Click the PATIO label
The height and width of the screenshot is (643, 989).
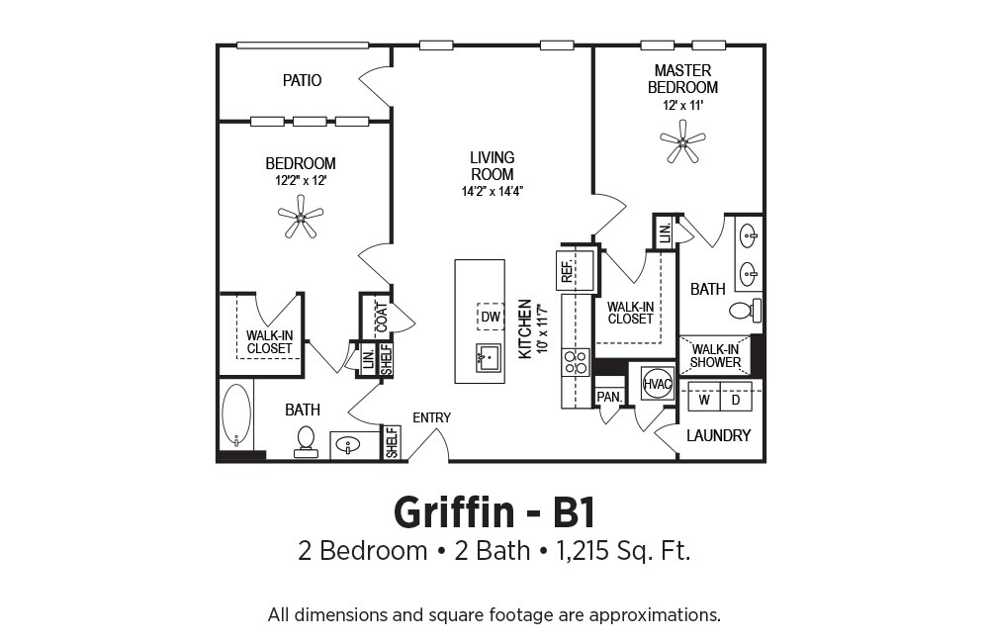point(302,80)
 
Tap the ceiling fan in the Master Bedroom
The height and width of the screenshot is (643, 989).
point(682,141)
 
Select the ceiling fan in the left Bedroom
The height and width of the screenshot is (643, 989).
point(301,217)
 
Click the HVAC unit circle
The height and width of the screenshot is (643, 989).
point(657,384)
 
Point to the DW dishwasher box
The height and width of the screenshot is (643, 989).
point(491,317)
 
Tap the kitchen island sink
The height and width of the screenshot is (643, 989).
point(488,359)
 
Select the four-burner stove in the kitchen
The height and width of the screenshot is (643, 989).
point(576,363)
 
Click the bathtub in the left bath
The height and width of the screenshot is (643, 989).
point(236,415)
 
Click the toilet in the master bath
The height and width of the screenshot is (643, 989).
point(746,311)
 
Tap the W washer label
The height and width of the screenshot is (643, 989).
point(704,400)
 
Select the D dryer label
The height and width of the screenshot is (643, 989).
point(736,400)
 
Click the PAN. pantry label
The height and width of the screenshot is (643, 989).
point(609,397)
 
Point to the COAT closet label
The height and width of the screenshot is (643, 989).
point(382,318)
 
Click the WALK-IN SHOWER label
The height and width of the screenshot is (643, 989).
point(715,356)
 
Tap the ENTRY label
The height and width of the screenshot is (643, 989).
point(432,417)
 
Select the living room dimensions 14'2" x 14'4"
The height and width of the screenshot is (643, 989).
point(493,191)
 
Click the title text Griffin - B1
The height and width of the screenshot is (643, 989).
point(494,513)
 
